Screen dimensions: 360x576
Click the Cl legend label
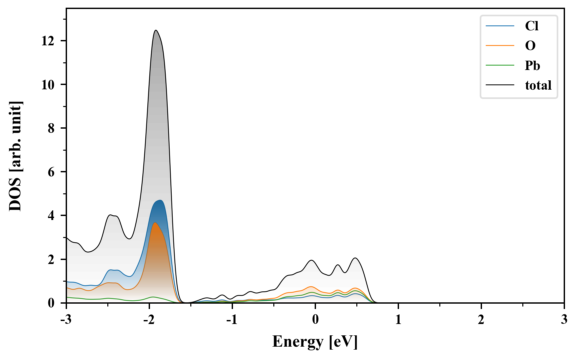click(x=532, y=26)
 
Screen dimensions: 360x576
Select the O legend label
click(x=530, y=46)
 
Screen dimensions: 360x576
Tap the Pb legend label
click(x=532, y=65)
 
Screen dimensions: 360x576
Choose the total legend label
click(x=538, y=85)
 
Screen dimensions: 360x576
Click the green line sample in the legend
click(x=500, y=65)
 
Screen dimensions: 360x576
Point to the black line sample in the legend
click(x=500, y=85)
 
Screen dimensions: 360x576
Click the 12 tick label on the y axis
click(x=48, y=41)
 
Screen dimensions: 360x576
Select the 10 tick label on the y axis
click(x=48, y=85)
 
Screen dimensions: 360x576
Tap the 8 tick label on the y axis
click(x=51, y=128)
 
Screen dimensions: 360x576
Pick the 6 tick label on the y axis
click(x=51, y=172)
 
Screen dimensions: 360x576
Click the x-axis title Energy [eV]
click(x=315, y=342)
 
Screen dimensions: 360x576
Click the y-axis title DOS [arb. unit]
click(x=15, y=156)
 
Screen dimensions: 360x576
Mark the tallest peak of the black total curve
click(x=156, y=30)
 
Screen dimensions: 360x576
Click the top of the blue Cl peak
click(x=161, y=200)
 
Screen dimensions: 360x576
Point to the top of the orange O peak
click(x=155, y=223)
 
